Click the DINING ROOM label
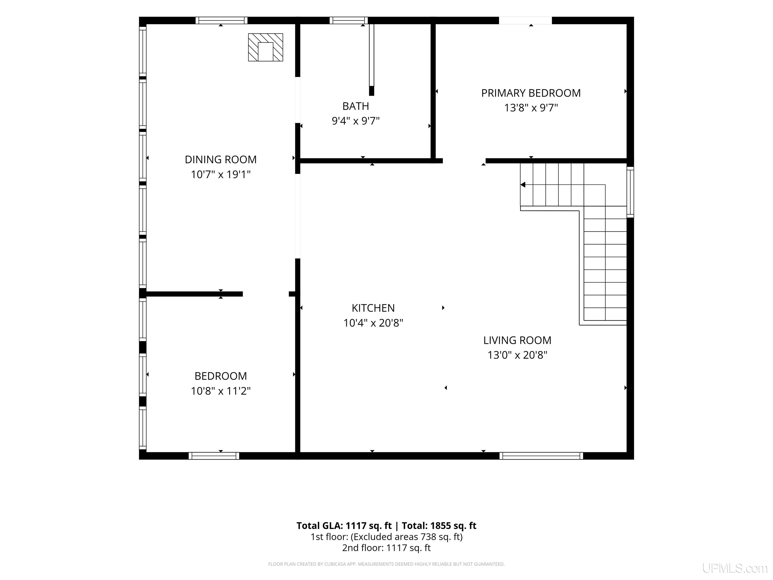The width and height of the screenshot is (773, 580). (220, 159)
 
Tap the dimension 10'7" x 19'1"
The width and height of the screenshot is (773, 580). (220, 174)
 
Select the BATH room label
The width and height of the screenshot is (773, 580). (355, 106)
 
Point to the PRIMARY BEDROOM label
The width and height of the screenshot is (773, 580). (531, 93)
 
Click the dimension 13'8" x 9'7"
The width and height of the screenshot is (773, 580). (531, 108)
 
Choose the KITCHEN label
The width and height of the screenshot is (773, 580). (373, 308)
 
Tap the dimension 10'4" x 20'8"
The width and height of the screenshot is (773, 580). (373, 323)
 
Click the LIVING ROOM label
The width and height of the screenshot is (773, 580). (517, 340)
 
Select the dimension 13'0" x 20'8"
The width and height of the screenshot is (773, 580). (517, 355)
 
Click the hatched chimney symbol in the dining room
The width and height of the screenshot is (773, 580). (265, 47)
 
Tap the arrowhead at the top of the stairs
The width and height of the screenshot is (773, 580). (523, 185)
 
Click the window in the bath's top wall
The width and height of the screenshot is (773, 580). (349, 21)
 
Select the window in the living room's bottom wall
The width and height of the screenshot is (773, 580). (541, 456)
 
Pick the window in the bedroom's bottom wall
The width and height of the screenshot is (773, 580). (214, 456)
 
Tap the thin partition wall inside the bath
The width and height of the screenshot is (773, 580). (371, 59)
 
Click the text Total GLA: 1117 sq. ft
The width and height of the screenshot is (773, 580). (344, 526)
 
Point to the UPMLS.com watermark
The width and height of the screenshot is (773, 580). (735, 568)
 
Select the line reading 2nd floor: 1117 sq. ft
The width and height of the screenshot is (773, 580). (386, 548)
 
